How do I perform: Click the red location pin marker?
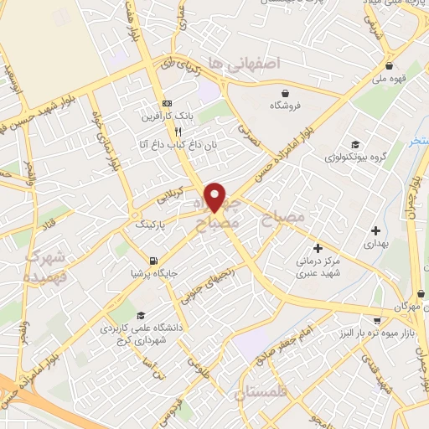pos(215,198)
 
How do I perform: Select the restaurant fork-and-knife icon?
pos(178,132)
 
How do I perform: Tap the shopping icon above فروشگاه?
pos(287,93)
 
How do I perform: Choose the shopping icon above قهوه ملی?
pos(389,66)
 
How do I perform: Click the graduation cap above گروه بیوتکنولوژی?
pos(355,144)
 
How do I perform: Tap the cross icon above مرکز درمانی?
pos(318,247)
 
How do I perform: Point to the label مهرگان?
pos(401,307)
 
